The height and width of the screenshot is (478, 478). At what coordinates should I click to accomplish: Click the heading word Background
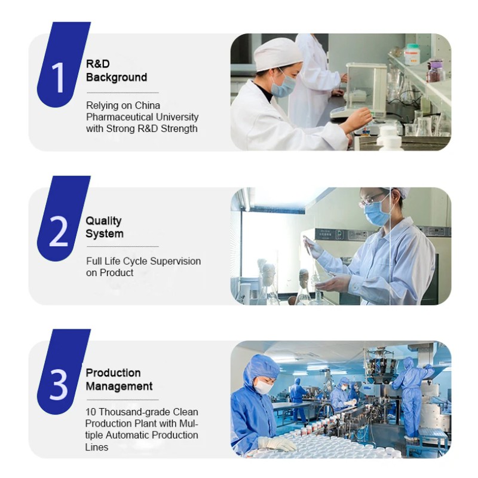pyautogui.click(x=117, y=77)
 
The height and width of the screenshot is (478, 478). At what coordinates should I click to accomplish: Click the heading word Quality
pyautogui.click(x=103, y=221)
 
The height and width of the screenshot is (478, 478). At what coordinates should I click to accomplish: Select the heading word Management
pyautogui.click(x=119, y=386)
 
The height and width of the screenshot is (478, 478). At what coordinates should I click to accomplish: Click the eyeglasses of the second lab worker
pyautogui.click(x=372, y=198)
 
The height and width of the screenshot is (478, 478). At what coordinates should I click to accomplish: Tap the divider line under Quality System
pyautogui.click(x=122, y=246)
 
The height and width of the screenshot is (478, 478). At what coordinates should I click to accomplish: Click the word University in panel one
pyautogui.click(x=181, y=117)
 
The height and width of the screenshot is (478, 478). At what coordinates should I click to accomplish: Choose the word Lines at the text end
pyautogui.click(x=97, y=446)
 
